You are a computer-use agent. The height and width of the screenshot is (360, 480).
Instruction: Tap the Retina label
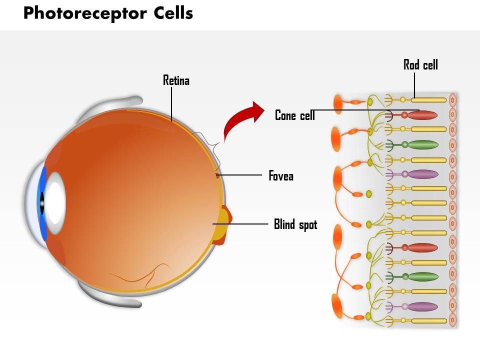point(176,80)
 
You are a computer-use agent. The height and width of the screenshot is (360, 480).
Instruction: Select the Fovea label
point(280,176)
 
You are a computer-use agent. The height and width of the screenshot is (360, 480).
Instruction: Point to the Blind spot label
point(295,224)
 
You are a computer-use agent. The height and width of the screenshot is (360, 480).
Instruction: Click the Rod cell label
point(420,65)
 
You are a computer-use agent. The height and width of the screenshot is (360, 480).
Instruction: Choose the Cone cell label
point(295,115)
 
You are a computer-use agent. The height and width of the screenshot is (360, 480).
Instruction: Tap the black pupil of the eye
point(42,202)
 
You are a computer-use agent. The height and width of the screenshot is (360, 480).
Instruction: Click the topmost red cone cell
point(422,115)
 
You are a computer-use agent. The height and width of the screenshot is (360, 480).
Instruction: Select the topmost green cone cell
point(422,145)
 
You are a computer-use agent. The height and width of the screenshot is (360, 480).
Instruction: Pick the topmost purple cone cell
point(422,174)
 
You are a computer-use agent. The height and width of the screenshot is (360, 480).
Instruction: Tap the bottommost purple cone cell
point(422,306)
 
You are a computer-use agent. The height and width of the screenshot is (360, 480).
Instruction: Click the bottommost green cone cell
point(422,276)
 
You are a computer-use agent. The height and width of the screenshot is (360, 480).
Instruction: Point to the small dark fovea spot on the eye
point(217,175)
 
